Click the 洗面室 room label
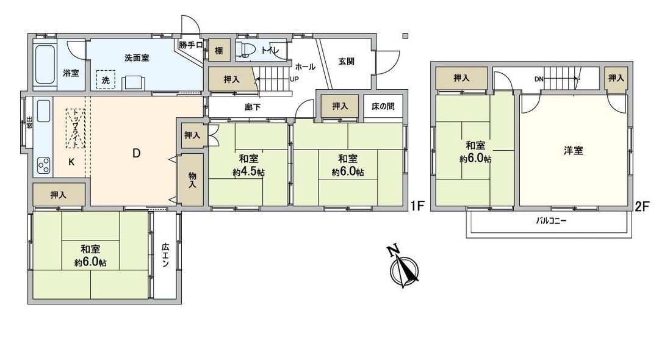click(137, 58)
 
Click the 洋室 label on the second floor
click(574, 150)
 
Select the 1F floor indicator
click(417, 206)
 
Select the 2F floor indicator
click(641, 206)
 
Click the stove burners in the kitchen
click(44, 165)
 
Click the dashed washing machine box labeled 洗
click(106, 80)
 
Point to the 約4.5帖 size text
click(248, 172)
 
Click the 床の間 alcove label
click(383, 106)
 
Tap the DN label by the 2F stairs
click(539, 79)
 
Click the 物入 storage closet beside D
click(192, 179)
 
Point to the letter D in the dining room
click(137, 153)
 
